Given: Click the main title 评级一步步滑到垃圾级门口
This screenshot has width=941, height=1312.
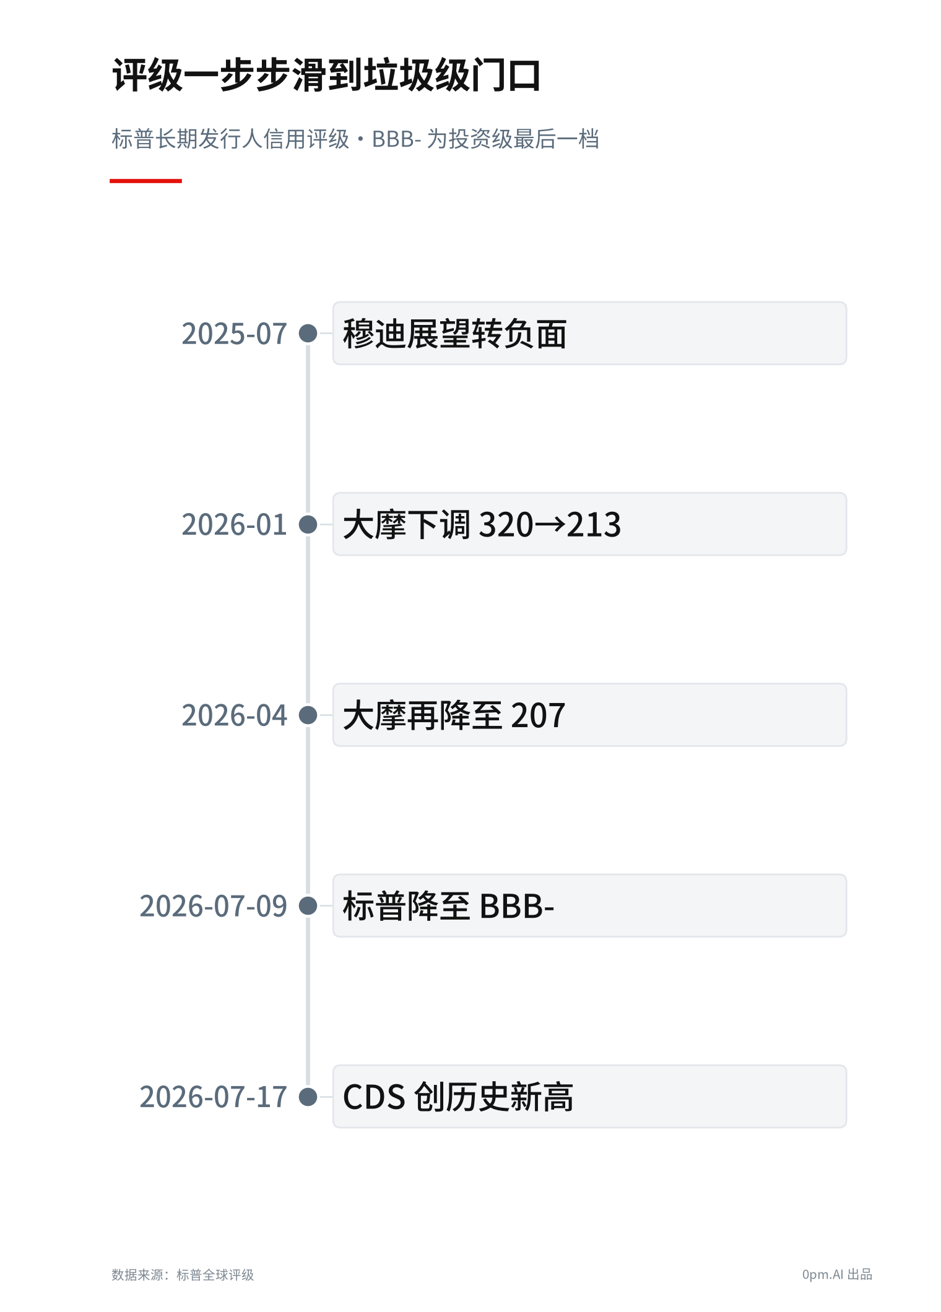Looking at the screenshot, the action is tap(326, 76).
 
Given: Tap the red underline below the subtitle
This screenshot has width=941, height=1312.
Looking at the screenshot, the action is tap(145, 181).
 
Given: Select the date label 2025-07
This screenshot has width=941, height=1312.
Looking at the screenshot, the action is tap(234, 334).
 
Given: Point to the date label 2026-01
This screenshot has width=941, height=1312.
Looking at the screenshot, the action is tap(234, 525).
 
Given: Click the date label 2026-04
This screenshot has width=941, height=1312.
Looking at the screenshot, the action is tap(234, 715).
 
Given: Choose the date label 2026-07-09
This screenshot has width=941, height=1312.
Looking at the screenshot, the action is tap(213, 906).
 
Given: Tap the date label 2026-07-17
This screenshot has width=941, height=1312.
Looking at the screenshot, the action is tap(213, 1097).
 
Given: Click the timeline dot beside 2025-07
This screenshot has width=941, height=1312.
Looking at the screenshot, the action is tap(308, 334).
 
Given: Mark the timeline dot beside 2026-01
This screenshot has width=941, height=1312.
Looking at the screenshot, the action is tap(308, 524).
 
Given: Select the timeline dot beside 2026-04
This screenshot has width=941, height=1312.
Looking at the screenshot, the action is tap(308, 715).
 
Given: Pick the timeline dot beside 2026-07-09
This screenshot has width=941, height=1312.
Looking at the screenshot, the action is tap(308, 905).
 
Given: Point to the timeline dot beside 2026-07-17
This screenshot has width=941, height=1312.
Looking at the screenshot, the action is tap(308, 1097).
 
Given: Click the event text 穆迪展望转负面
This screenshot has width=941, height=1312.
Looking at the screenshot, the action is tap(455, 334).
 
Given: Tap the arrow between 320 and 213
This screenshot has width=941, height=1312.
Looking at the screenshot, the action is tap(550, 525).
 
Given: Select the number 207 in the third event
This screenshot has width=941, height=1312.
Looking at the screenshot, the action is tap(538, 716).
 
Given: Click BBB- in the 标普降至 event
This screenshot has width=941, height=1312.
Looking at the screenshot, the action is tap(517, 907).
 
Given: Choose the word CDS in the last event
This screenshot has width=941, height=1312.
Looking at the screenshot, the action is tap(374, 1097).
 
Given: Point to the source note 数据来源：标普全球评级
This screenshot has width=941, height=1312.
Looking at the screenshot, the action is tap(183, 1275).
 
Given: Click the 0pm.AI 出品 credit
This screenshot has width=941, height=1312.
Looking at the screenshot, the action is tap(837, 1275).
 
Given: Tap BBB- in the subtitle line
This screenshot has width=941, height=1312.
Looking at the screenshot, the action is tap(396, 139).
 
